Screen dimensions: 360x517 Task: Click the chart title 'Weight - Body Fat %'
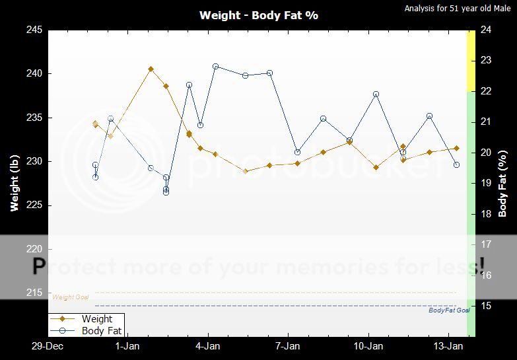[x=258, y=15]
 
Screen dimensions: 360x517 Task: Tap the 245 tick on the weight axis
[x=35, y=30]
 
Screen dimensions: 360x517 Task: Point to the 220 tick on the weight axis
[x=35, y=249]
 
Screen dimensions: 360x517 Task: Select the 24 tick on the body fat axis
[x=486, y=30]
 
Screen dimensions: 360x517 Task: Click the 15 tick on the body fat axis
[x=486, y=306]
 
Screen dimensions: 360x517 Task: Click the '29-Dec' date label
[x=48, y=346]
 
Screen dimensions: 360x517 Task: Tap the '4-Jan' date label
[x=208, y=346]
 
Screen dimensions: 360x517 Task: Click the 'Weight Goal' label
[x=71, y=297]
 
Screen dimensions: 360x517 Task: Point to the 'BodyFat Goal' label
[x=449, y=310]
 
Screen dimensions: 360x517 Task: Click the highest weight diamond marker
[x=151, y=69]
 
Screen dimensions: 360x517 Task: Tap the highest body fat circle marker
[x=216, y=67]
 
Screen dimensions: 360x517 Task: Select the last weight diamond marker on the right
[x=456, y=148]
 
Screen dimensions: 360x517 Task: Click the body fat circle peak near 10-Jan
[x=376, y=94]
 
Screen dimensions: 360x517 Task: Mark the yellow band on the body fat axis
[x=471, y=61]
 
